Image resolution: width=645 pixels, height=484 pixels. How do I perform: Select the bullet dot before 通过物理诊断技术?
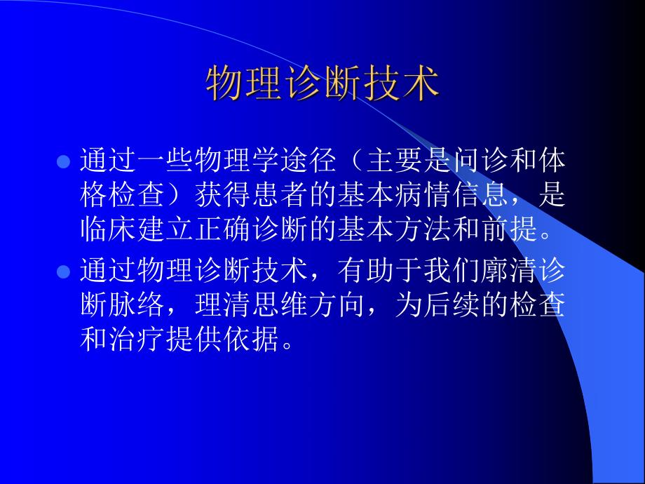tap(62, 271)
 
